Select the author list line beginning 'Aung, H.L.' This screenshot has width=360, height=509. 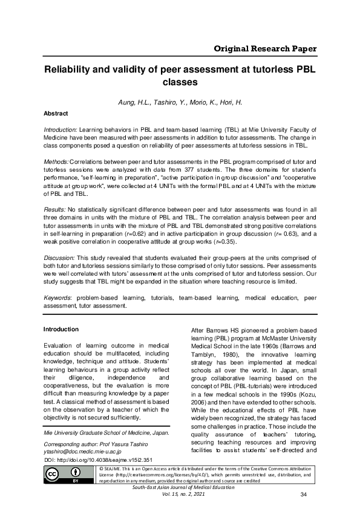pyautogui.click(x=180, y=102)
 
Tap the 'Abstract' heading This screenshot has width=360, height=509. pyautogui.click(x=56, y=113)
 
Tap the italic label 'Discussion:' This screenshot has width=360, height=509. pyautogui.click(x=60, y=256)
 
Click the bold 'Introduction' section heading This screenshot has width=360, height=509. pyautogui.click(x=61, y=329)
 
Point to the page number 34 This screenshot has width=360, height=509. pyautogui.click(x=304, y=496)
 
